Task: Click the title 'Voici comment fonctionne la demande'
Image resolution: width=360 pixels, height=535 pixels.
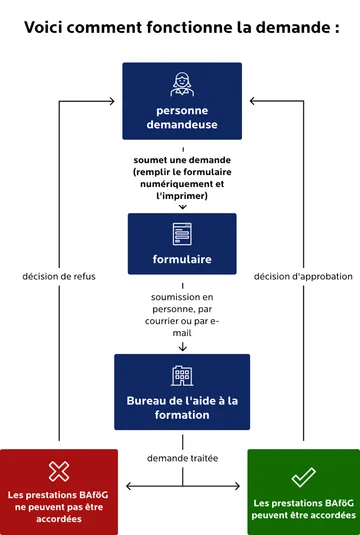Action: coord(181,27)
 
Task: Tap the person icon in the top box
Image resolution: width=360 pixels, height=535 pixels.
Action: coord(182,83)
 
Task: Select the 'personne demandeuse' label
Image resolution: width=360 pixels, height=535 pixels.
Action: coord(181,117)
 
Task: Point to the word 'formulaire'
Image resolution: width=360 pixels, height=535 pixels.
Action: coord(182,260)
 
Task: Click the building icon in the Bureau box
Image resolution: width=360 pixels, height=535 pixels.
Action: coord(182,376)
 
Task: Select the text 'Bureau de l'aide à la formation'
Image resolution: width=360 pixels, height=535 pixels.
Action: coord(182,407)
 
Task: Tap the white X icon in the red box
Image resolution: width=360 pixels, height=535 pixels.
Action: coord(59,471)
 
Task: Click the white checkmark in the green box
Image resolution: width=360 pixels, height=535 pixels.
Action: coord(303,476)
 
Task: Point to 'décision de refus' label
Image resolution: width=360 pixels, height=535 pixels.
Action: coord(59,276)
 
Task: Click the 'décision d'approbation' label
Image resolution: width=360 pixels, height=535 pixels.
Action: coord(303,276)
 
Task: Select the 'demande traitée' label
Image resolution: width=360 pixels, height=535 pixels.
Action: coord(182,458)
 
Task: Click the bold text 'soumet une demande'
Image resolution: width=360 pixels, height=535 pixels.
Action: coord(182,161)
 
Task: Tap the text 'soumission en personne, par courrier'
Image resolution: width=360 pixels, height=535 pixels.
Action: coord(182,309)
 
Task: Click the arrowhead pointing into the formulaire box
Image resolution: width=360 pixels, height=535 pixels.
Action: coord(182,207)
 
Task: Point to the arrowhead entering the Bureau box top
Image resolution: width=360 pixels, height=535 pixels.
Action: coord(182,348)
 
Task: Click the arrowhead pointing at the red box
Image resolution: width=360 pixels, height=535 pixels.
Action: coord(125,488)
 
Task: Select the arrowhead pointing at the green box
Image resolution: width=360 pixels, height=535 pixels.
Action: coord(240,488)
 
